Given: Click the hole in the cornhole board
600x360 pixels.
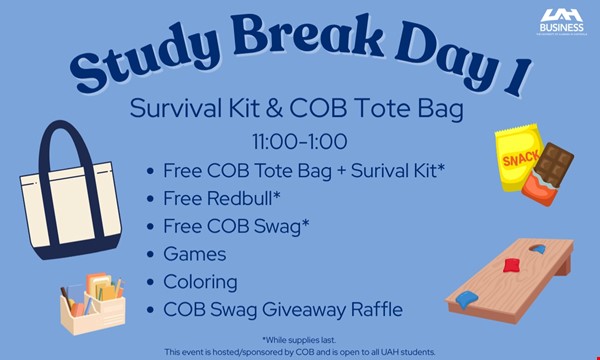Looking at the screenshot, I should click(x=535, y=249).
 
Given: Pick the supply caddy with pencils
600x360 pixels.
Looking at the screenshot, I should click(x=92, y=304).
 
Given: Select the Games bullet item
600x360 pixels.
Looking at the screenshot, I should click(x=196, y=254).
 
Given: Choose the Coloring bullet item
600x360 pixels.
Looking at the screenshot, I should click(x=201, y=282).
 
